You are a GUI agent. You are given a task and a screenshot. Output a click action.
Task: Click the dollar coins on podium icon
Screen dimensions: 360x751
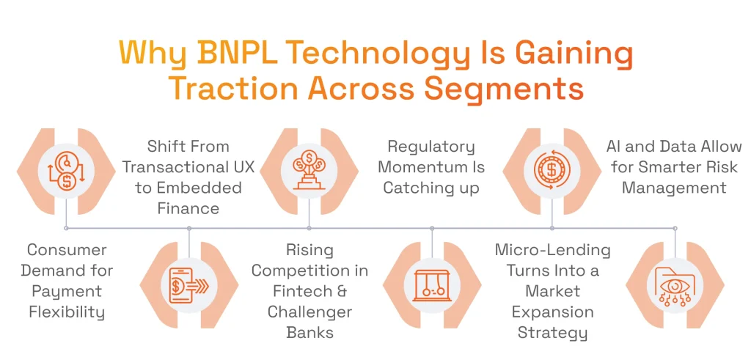tap(309, 169)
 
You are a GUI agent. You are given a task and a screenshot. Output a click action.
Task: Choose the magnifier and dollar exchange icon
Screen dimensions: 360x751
tap(66, 169)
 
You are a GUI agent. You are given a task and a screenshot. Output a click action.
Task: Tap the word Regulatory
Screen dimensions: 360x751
tap(431, 147)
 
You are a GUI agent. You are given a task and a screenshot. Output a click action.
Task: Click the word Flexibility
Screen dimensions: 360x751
tap(67, 312)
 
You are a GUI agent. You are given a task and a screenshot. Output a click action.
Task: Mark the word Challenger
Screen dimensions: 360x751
tap(309, 312)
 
